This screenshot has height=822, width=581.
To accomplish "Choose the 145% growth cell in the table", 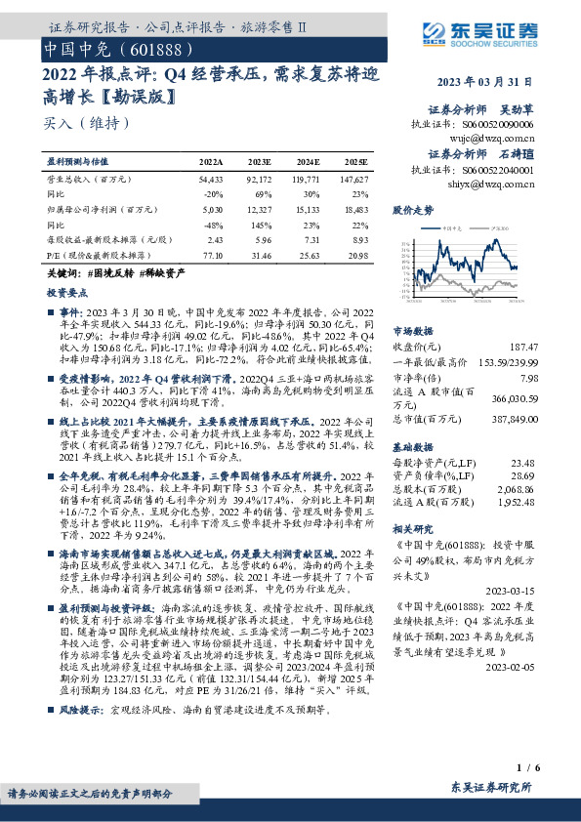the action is tap(259, 224).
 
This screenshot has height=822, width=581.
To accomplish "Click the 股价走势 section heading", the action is tap(413, 211).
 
